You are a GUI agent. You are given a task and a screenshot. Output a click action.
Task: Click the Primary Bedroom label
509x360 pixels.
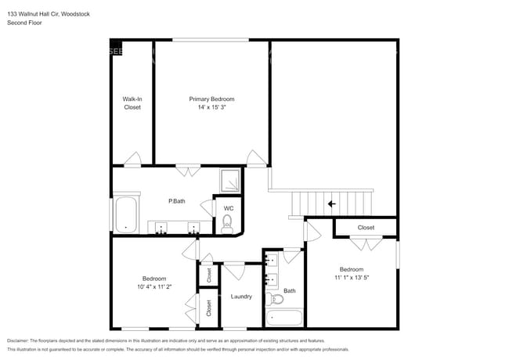coord(211,99)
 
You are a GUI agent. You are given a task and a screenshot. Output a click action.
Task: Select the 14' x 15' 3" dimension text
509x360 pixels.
coord(211,108)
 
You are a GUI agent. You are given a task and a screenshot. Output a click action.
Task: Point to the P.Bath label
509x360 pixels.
coord(177,201)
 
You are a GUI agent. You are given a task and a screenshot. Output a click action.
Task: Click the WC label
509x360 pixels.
coord(229,208)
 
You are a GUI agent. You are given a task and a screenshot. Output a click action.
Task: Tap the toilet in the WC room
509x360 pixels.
coord(228,223)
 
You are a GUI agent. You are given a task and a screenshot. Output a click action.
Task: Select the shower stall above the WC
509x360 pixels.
coord(230,180)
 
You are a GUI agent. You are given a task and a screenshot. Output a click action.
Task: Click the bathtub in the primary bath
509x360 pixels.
coord(125,214)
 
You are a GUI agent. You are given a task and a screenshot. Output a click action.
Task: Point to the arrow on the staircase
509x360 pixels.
coord(332,204)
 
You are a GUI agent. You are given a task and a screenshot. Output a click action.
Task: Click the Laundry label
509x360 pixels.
coord(241,297)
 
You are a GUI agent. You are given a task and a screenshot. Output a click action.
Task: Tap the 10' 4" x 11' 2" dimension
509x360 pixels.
coord(153,287)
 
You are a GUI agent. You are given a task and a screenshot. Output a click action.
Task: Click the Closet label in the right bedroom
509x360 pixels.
coord(366,228)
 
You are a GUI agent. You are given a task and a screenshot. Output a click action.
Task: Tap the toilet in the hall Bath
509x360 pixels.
coord(274,299)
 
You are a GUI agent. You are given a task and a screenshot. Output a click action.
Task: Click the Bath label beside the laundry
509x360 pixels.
coord(290,290)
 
